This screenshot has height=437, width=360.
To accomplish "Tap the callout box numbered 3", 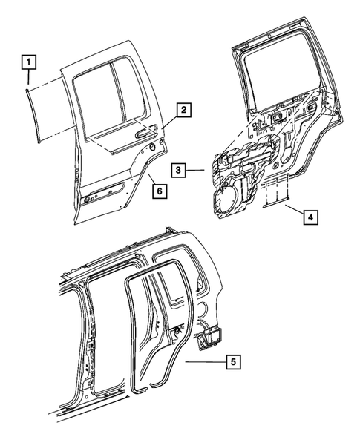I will pos(179,170).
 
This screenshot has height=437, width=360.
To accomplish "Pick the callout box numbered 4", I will pos(311,217).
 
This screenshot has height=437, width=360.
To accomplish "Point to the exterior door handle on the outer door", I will pos(143,135).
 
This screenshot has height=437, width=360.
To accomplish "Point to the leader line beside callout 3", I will pos(197,170).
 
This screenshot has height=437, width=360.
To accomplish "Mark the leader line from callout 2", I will pos(166,123).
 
